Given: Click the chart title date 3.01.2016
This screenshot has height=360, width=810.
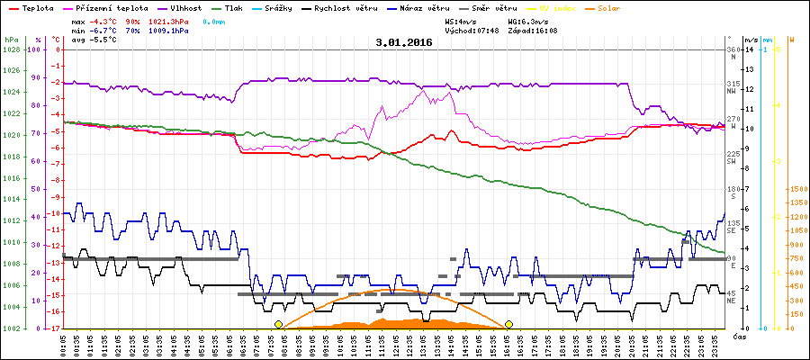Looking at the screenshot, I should click(x=404, y=42).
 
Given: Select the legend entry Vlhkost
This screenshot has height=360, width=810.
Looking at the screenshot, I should click(x=184, y=7).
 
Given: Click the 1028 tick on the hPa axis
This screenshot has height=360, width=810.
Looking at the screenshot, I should click(x=12, y=49).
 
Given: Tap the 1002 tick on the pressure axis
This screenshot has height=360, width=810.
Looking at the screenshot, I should click(x=12, y=328).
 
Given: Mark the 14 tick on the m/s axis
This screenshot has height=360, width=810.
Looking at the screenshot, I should click(x=750, y=49).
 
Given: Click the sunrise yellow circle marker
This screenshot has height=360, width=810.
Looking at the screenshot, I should click(x=278, y=324).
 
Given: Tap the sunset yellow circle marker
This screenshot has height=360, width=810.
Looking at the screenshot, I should click(x=509, y=324).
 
